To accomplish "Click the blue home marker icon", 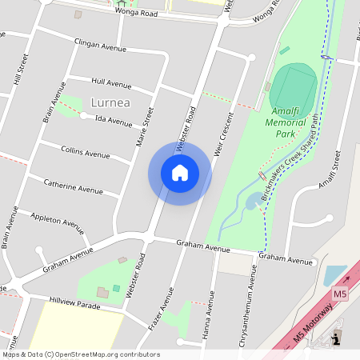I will point(179,173).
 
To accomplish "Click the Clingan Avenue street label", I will point(101,49).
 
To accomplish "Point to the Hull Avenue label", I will point(111,82).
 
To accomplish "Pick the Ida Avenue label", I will point(114,122).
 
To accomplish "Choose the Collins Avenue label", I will point(86,152).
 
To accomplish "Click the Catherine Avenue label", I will point(73,186).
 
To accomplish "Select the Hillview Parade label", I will point(74,305).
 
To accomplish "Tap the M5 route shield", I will point(341,294).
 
